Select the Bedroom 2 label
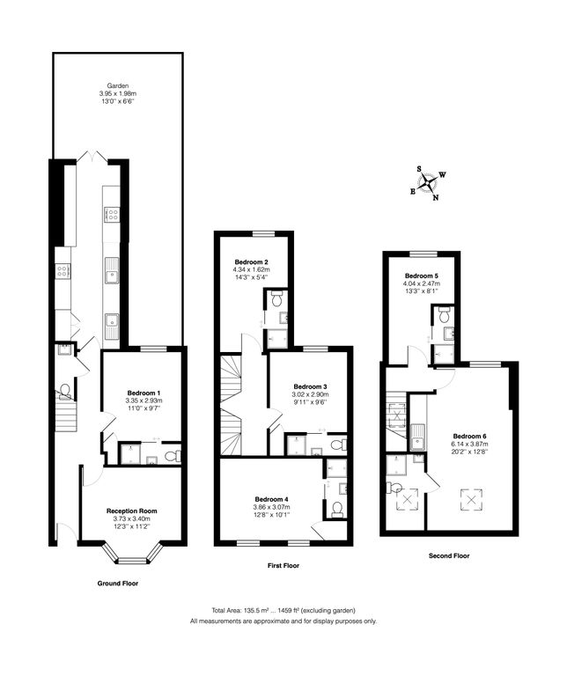click(253, 261)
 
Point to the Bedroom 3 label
click(310, 386)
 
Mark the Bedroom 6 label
click(470, 436)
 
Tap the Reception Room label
click(131, 511)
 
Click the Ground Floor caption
click(117, 583)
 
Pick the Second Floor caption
click(449, 555)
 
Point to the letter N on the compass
click(436, 197)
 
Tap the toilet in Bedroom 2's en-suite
click(276, 300)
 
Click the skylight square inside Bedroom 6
click(472, 500)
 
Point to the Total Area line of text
click(283, 610)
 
